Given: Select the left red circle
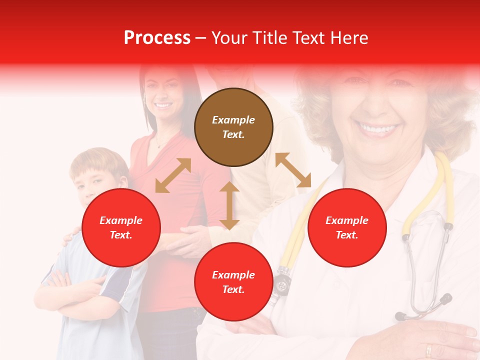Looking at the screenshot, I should (121, 227).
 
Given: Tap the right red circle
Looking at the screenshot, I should (347, 227).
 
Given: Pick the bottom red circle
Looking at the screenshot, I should (233, 281).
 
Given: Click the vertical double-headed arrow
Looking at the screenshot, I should (229, 205).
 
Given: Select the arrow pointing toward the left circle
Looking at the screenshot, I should (173, 175).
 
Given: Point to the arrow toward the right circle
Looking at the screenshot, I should (293, 170).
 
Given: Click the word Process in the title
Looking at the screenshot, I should (157, 38).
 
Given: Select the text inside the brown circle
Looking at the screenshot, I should (233, 127).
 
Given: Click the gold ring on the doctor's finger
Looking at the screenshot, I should (429, 350).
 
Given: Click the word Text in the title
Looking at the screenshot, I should (308, 38).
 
